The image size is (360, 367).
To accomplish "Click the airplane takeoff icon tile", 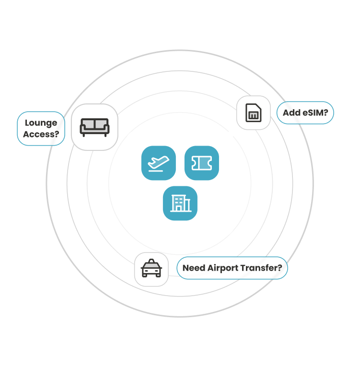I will pos(158,163).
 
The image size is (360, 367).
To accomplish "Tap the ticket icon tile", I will pos(201,163).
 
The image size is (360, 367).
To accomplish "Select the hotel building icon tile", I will pos(180,203).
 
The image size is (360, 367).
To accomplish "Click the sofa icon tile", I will pos(94,127).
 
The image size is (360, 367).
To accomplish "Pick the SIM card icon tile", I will pos(253,113).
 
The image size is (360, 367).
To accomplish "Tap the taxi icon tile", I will pos(151,269).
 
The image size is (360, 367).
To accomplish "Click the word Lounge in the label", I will pos(41,123).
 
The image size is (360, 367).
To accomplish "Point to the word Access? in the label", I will pos(41,134).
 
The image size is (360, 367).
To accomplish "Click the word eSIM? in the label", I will pos(315,113).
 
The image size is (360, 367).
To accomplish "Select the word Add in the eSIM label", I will pos(291,113).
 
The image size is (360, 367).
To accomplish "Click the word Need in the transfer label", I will pos(194,268).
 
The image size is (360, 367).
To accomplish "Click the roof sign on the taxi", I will pos(151,262).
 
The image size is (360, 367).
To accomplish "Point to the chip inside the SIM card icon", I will pos(253,115).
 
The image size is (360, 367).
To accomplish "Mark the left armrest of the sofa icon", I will pos(82,127).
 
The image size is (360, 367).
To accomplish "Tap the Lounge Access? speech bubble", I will pos(41,128).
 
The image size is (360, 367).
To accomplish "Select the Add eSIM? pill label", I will pos(305,113).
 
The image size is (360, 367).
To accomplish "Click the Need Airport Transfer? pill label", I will pos(232,268).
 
